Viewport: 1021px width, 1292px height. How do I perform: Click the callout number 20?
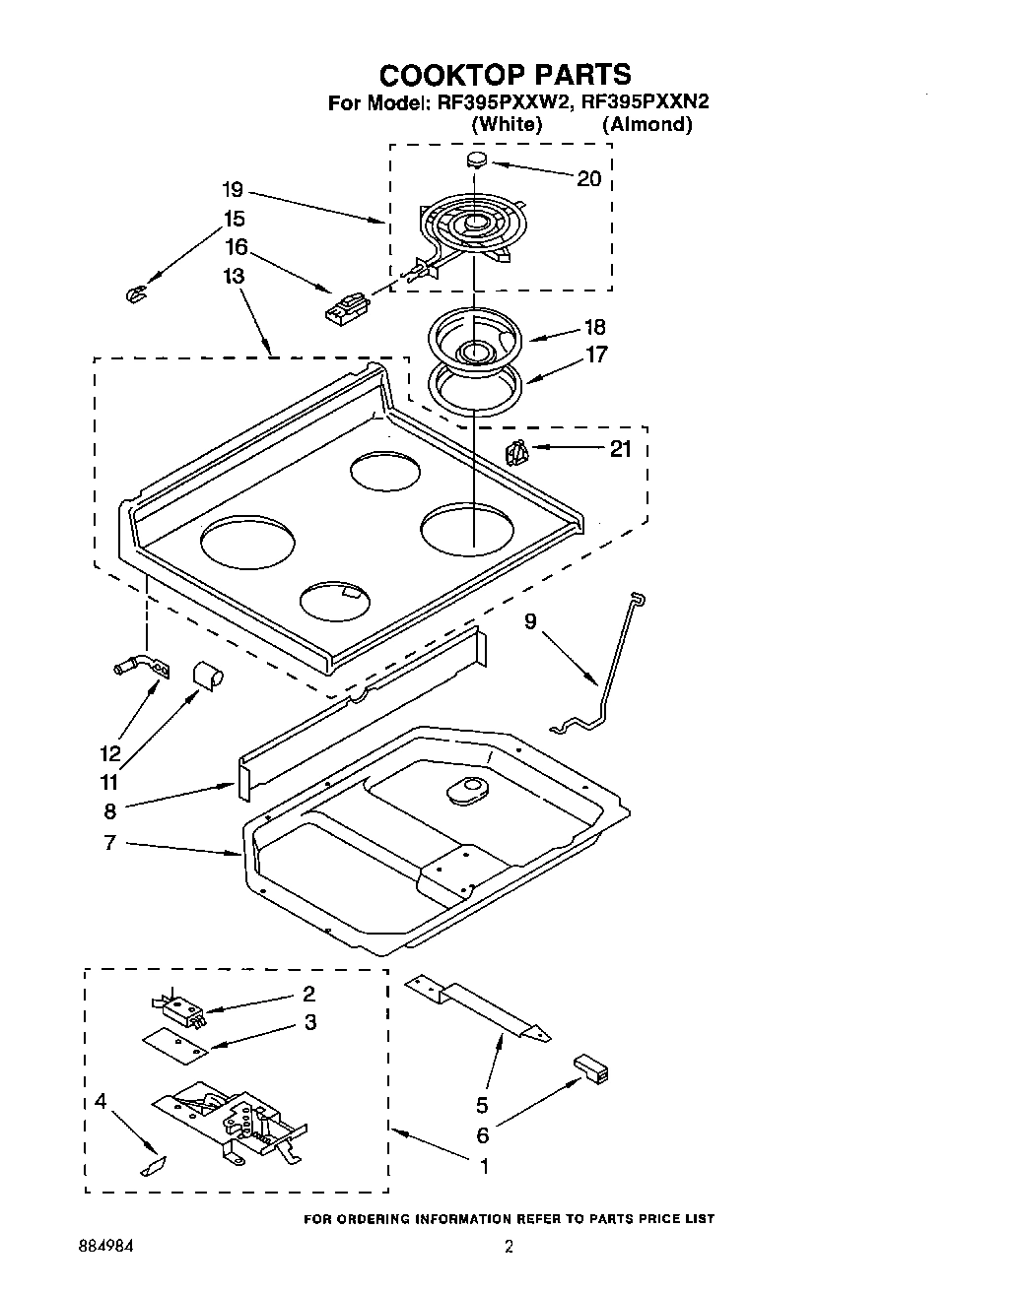pos(588,178)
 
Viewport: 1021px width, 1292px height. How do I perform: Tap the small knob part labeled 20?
pos(476,160)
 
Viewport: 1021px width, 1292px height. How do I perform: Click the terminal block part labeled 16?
pos(345,307)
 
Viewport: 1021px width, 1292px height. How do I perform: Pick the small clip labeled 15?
pos(138,293)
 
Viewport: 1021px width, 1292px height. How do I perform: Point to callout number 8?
pos(109,810)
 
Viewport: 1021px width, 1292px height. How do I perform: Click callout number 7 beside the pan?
pos(109,842)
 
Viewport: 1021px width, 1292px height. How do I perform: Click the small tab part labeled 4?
pos(154,1166)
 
